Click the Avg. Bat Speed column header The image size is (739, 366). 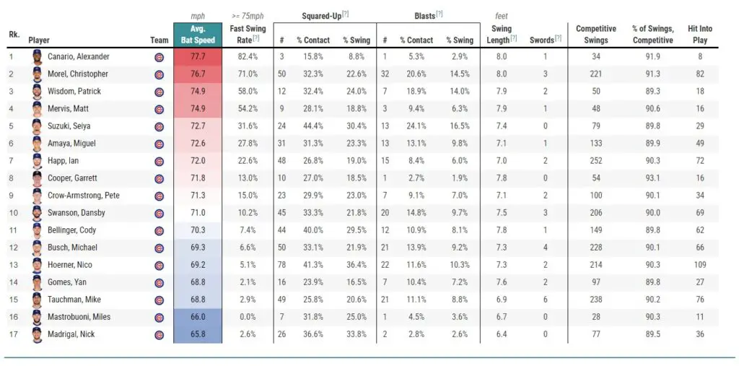pyautogui.click(x=198, y=35)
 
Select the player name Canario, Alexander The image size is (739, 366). pyautogui.click(x=78, y=57)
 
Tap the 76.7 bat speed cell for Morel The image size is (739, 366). pyautogui.click(x=198, y=74)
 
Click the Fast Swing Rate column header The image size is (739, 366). pyautogui.click(x=248, y=35)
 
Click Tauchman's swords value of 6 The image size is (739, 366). pyautogui.click(x=545, y=300)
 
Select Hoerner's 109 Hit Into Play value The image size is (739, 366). pyautogui.click(x=699, y=265)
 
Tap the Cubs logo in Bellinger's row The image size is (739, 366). pyautogui.click(x=159, y=230)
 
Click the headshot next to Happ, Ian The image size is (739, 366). pyautogui.click(x=38, y=161)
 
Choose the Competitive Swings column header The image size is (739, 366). pyautogui.click(x=595, y=35)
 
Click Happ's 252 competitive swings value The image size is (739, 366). pyautogui.click(x=595, y=161)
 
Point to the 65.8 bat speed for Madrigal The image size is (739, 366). pyautogui.click(x=198, y=334)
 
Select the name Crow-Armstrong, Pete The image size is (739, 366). pyautogui.click(x=83, y=196)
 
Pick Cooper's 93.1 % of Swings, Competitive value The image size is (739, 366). pyautogui.click(x=652, y=178)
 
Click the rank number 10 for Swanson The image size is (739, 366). pyautogui.click(x=11, y=213)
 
